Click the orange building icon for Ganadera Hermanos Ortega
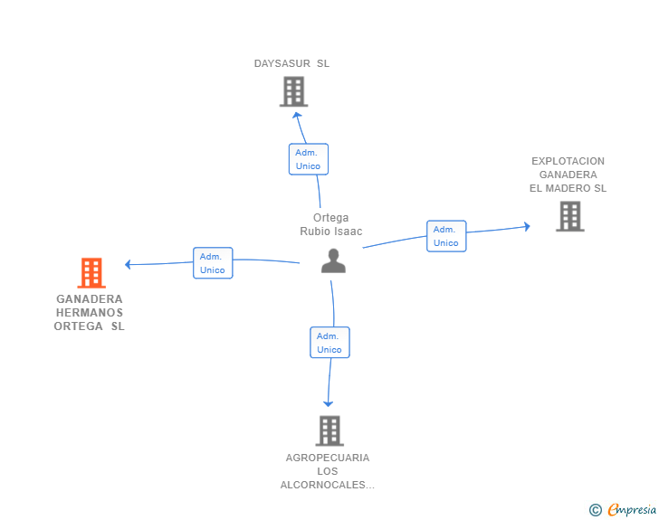(x=91, y=272)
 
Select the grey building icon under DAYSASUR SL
(x=293, y=91)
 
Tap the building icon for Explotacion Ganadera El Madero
(x=569, y=216)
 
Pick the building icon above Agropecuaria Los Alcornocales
(x=329, y=430)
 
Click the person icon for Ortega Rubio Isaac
(x=333, y=260)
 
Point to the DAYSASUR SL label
(x=291, y=63)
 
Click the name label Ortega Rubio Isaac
(x=331, y=224)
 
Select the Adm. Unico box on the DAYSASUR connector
(x=308, y=159)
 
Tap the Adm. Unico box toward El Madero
(x=446, y=236)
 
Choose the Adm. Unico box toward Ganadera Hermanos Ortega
(x=213, y=263)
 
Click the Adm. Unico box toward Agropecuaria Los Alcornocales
(x=329, y=343)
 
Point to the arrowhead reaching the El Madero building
(x=526, y=226)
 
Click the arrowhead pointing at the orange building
(x=129, y=264)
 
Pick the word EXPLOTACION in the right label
(x=568, y=161)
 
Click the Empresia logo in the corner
(x=632, y=510)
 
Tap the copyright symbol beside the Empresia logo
(x=595, y=510)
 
